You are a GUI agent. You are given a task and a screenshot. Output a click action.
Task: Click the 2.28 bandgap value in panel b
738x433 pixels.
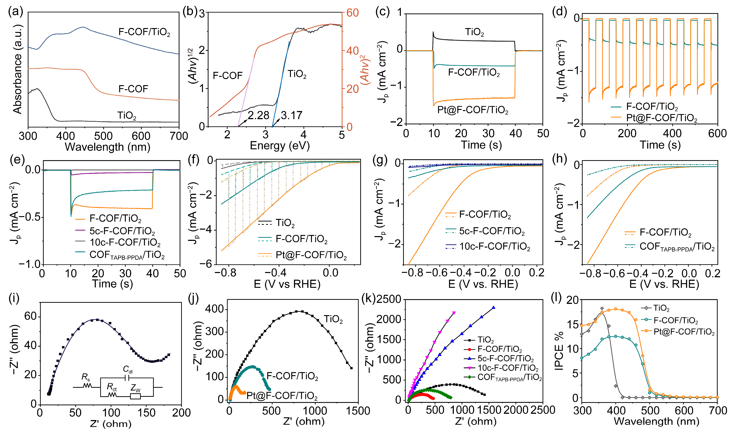258,115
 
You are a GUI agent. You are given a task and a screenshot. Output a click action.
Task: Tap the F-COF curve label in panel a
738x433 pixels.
133,89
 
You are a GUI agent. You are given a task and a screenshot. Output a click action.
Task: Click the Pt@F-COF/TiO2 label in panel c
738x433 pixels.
473,110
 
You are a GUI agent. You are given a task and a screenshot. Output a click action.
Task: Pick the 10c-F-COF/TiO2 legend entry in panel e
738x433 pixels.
125,243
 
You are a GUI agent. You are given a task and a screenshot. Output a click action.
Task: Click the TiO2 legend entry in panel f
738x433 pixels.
285,223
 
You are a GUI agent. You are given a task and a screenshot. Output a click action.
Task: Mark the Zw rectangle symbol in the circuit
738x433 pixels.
135,396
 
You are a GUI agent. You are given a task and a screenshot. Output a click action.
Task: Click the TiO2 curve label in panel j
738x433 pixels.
333,319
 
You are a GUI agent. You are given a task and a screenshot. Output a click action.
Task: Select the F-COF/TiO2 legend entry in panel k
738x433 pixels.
500,349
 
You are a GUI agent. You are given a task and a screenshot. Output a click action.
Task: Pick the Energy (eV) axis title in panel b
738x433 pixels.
280,146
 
